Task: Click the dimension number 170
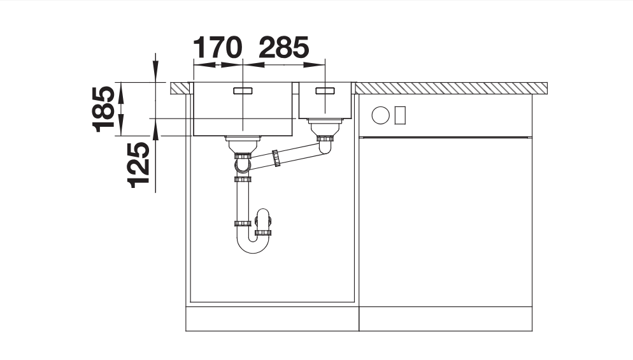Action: click(x=218, y=47)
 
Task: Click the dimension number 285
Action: click(x=284, y=47)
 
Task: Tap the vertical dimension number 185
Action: click(x=103, y=109)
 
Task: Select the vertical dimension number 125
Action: click(x=138, y=165)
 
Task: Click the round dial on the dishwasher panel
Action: click(x=380, y=115)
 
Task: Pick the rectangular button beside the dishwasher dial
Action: click(x=400, y=115)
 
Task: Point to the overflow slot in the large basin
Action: click(x=243, y=90)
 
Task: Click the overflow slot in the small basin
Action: click(x=325, y=90)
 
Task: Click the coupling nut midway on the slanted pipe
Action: click(x=276, y=158)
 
